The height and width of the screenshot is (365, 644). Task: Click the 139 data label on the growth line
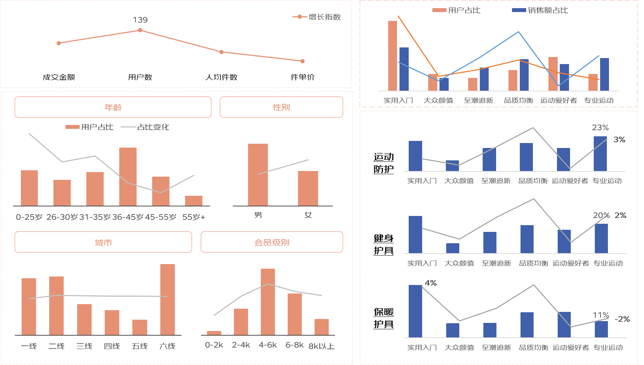pos(140,20)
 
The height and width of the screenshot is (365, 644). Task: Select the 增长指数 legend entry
pos(324,17)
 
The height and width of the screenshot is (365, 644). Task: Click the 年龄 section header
pos(113,107)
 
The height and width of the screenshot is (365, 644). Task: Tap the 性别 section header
pos(281,107)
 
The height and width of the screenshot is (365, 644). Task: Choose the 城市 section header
pos(103,242)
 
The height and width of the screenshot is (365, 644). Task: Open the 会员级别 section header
pos(272,242)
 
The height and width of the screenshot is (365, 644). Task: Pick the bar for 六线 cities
pos(167,299)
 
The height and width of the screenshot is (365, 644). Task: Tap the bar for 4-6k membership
pos(268,302)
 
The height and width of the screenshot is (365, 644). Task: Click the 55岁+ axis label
pos(194,217)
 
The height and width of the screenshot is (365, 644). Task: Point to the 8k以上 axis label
pos(321,346)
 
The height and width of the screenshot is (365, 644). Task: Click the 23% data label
pos(600,127)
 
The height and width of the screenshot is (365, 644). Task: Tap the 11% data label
pos(600,315)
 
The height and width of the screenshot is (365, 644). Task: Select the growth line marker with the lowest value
pos(303,61)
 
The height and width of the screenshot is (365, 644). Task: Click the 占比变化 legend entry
pos(153,127)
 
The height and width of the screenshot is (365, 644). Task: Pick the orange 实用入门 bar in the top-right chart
pos(392,56)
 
